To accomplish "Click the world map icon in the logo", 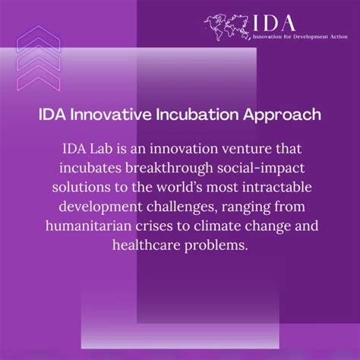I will point(228,26).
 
